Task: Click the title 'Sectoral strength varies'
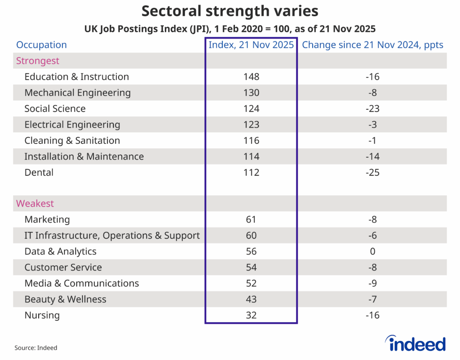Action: click(230, 11)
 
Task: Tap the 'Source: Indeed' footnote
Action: click(36, 348)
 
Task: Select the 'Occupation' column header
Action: click(41, 45)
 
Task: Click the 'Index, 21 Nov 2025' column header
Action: click(251, 45)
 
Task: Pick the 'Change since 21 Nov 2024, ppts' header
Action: click(372, 45)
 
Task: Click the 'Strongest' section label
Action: click(38, 61)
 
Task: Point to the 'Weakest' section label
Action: click(35, 204)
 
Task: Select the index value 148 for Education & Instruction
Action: click(251, 77)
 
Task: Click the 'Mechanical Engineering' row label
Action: click(78, 93)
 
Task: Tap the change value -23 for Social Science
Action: click(372, 109)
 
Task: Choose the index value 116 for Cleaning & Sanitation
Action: click(251, 141)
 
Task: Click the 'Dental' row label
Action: click(39, 173)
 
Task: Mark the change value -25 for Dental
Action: click(372, 173)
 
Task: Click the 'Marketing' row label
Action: click(47, 220)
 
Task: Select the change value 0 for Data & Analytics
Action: click(372, 252)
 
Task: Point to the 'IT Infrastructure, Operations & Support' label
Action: click(112, 236)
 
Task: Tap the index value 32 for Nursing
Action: click(251, 316)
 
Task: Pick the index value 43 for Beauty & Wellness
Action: click(251, 299)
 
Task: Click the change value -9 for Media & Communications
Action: click(372, 284)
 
